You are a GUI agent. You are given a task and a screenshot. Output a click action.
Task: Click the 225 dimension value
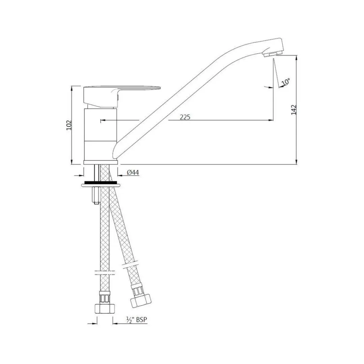[x=185, y=117]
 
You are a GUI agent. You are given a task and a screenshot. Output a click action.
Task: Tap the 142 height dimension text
[x=294, y=110]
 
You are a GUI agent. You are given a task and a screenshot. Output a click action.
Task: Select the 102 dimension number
[x=69, y=125]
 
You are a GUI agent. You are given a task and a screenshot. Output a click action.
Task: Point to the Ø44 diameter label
[x=133, y=173]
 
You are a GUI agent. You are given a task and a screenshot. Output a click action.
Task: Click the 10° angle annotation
[x=286, y=82]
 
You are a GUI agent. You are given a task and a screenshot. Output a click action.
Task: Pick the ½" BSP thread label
[x=136, y=320]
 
